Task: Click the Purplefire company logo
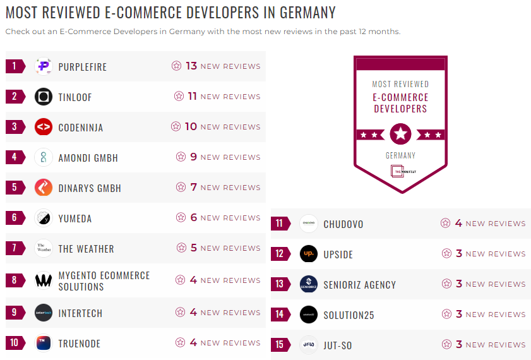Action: [x=44, y=66]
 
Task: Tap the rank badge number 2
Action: [x=15, y=97]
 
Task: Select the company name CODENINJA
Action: [x=81, y=128]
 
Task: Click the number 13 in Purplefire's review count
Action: [x=191, y=66]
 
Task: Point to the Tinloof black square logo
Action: [x=44, y=97]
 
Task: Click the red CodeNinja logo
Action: [x=44, y=127]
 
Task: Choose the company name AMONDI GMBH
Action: [x=88, y=158]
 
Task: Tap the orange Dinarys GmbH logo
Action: [x=44, y=188]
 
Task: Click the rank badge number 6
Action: [x=15, y=218]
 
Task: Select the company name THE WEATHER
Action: [x=87, y=249]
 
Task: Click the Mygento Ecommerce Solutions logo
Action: [x=44, y=280]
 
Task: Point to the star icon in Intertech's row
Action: [x=181, y=312]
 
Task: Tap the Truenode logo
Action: [x=44, y=343]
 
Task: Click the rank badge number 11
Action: [x=280, y=224]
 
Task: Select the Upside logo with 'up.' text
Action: [x=309, y=254]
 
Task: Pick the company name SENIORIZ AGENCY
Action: [x=360, y=285]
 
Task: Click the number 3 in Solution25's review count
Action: [x=459, y=314]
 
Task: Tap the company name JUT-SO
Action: [x=338, y=345]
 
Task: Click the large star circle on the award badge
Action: [x=400, y=134]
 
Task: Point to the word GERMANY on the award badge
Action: [x=400, y=155]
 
